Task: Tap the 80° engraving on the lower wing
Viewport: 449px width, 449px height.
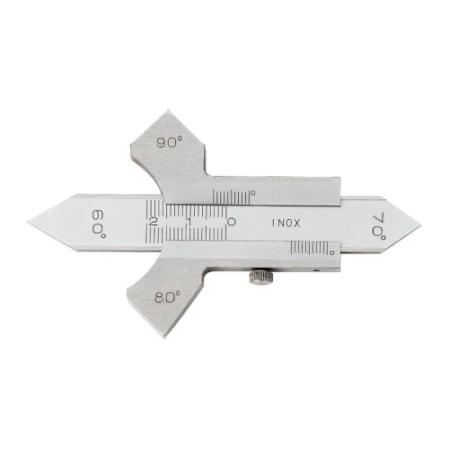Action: click(168, 297)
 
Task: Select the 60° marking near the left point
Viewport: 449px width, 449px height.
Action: click(99, 224)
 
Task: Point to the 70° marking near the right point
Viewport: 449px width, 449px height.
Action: click(379, 226)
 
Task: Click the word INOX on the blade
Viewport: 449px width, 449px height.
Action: click(286, 223)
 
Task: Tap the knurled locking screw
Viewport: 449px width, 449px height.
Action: click(260, 277)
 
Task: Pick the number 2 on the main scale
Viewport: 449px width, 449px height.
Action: click(153, 222)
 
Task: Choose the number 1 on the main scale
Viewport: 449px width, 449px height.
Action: click(189, 222)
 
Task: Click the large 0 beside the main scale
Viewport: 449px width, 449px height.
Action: click(232, 222)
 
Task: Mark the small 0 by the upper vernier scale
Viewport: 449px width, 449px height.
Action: click(253, 193)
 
